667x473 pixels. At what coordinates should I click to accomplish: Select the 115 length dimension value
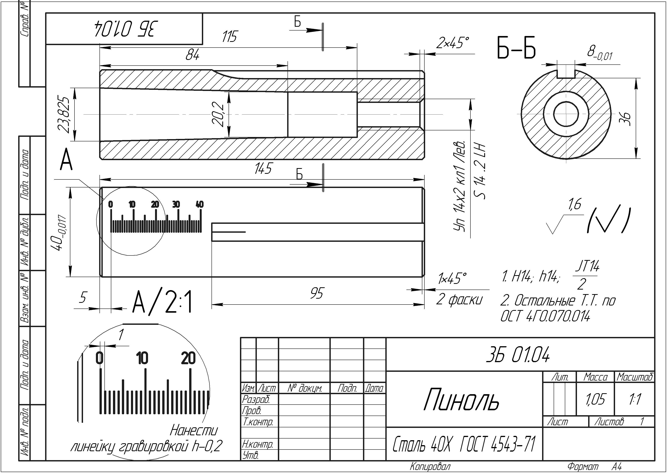coord(230,37)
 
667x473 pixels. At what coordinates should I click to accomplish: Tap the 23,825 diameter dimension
coord(64,114)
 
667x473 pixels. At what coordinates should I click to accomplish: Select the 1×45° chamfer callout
coord(452,278)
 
